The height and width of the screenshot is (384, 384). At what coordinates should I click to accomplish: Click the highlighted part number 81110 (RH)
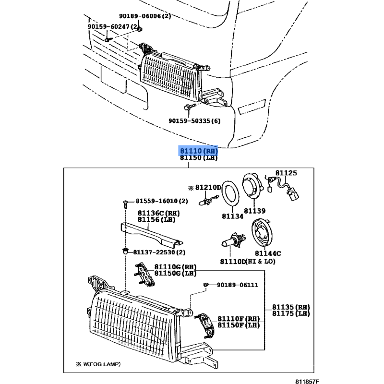coord(199,151)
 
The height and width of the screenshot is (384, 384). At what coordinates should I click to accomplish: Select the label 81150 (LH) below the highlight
coord(199,158)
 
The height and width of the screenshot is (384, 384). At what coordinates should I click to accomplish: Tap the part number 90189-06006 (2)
coord(145,16)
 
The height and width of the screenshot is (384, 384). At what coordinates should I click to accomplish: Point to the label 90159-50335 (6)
coord(194,121)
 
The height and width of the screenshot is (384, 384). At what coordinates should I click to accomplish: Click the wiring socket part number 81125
coord(286,173)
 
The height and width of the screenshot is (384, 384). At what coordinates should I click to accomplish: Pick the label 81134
coord(233,216)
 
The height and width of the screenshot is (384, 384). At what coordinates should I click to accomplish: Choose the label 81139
coord(254,211)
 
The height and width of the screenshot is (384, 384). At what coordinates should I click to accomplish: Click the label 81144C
coord(268,253)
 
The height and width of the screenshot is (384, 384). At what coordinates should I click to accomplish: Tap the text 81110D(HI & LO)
coord(248,262)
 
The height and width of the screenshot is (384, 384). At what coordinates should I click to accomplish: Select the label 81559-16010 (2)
coord(162,201)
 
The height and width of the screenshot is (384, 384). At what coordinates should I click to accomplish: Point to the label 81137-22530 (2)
coord(159,252)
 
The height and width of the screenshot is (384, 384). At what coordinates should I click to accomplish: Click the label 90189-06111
coord(237,285)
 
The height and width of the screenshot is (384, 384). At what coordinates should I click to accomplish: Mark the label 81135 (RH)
coord(291,307)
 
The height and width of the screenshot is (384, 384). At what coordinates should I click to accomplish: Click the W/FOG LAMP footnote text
coord(98,364)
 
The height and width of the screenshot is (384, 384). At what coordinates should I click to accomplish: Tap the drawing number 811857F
coord(307,382)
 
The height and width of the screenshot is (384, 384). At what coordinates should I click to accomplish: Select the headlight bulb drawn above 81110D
coord(233,240)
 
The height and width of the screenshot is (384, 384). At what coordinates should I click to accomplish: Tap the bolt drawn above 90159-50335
coord(190,107)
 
